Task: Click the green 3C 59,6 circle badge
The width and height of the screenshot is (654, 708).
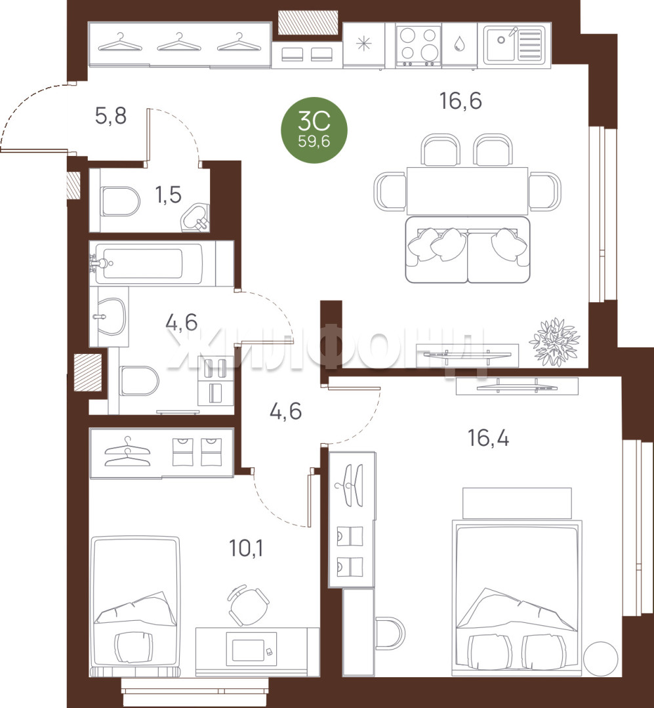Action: [314, 130]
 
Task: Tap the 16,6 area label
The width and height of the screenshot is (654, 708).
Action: [460, 101]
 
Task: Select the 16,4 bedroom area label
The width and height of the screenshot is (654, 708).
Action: [488, 438]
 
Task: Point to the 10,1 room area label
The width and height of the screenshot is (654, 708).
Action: [247, 548]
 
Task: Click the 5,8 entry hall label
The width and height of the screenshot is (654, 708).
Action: [111, 115]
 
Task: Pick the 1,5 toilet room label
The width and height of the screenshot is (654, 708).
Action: [169, 195]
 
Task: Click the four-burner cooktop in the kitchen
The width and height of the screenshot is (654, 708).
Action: [418, 45]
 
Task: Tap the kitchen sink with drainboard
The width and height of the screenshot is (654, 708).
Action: [514, 45]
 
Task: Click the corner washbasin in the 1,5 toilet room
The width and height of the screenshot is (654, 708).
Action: [197, 218]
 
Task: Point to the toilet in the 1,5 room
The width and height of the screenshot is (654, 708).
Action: [119, 201]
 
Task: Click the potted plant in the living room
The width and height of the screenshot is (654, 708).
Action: [554, 342]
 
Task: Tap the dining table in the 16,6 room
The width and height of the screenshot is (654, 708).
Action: [467, 191]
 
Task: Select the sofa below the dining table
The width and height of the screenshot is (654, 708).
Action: [467, 250]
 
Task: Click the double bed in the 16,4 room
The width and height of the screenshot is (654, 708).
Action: [517, 599]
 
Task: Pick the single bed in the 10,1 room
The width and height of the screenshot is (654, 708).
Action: [135, 606]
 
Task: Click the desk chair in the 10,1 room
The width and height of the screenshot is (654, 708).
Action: [248, 605]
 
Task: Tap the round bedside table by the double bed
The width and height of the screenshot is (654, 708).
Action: [601, 659]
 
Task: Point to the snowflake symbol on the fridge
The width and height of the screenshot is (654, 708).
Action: [363, 43]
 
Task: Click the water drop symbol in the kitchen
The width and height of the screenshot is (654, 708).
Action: [459, 44]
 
